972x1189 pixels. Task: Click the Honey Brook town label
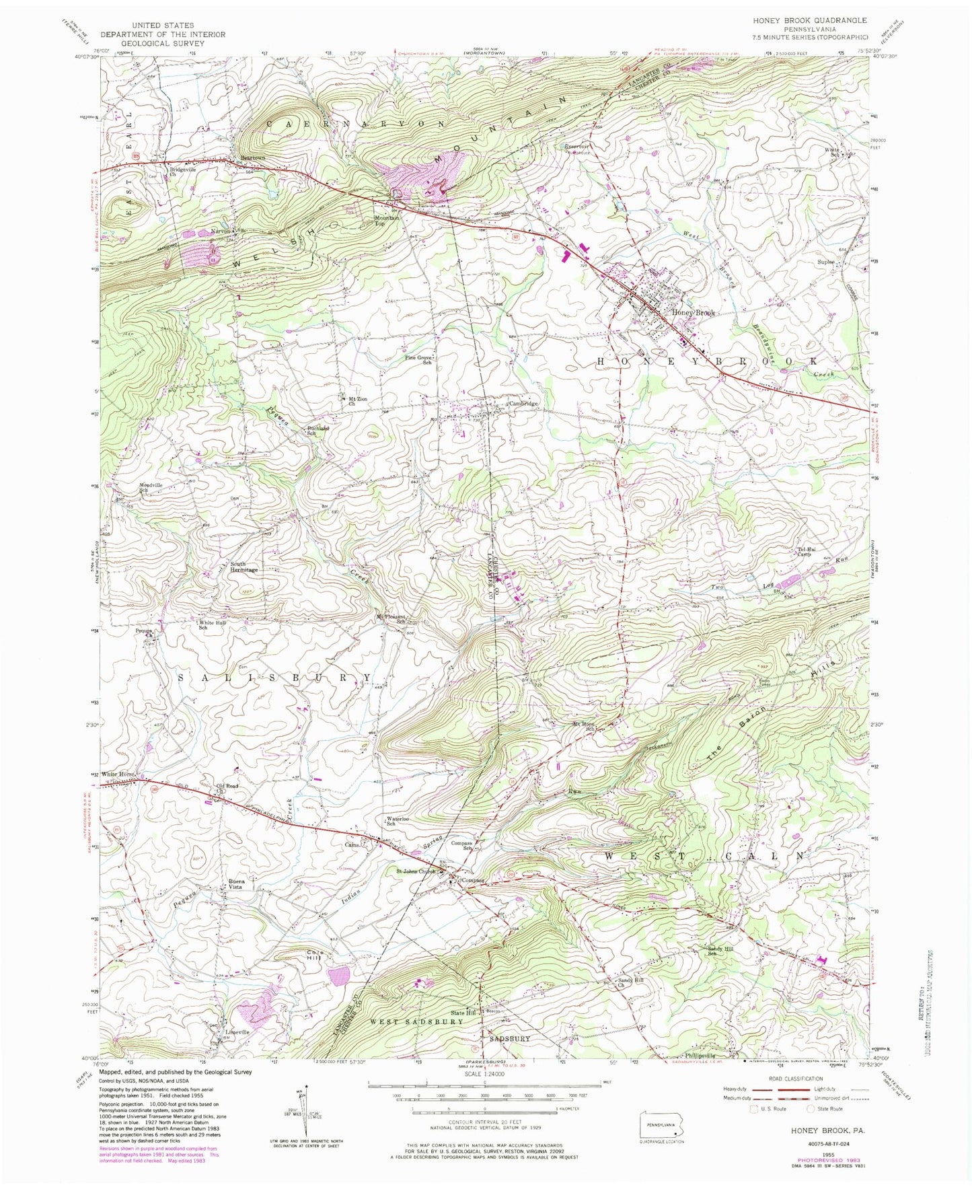693,313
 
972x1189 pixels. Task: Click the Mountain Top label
387,220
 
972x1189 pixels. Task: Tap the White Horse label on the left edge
118,774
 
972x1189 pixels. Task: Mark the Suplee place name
825,262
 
